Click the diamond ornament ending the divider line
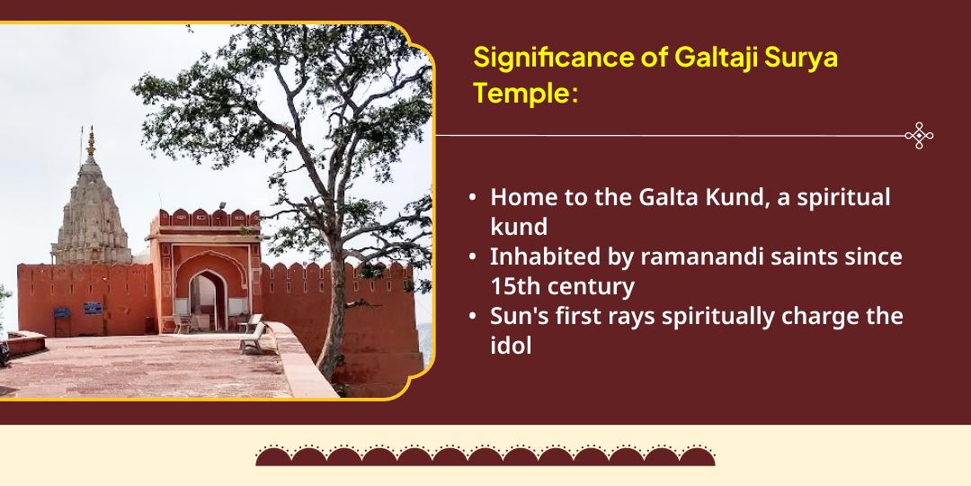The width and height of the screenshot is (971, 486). click(x=919, y=135)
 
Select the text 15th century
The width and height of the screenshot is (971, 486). click(x=562, y=286)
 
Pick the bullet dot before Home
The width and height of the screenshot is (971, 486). click(x=473, y=198)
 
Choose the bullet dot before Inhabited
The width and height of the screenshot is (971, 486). click(x=473, y=256)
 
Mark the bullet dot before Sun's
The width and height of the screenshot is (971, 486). click(x=473, y=316)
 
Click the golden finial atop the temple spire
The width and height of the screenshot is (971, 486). click(x=91, y=142)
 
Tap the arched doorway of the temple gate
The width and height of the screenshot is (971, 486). click(x=207, y=301)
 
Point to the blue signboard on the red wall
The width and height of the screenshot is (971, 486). click(x=92, y=308)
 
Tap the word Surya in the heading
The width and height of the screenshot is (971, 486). click(x=805, y=58)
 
